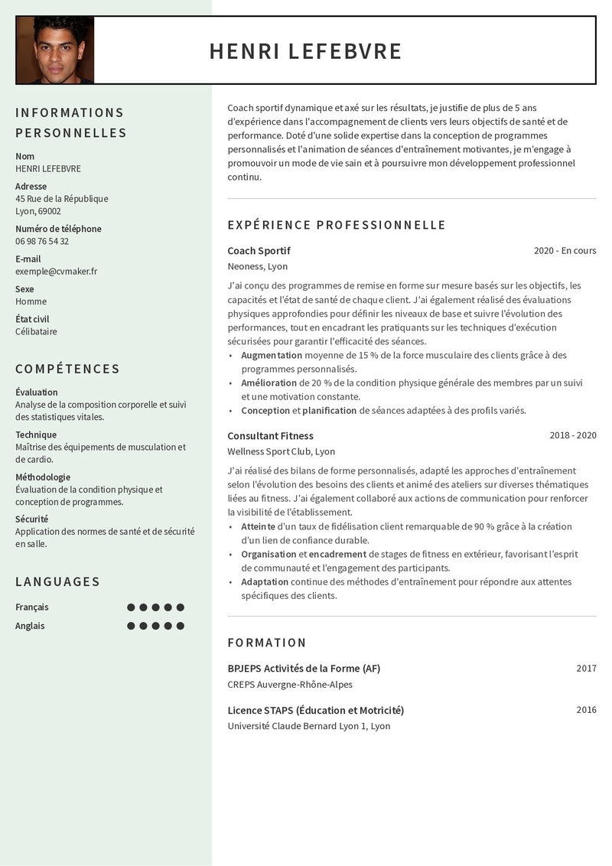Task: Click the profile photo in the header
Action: tap(55, 50)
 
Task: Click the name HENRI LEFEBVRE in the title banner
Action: tap(305, 51)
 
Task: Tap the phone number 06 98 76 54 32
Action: tap(42, 241)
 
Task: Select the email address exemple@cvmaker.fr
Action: tap(56, 271)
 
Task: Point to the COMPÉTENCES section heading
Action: tap(67, 369)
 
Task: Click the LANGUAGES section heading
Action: tap(58, 581)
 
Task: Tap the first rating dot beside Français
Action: tap(131, 607)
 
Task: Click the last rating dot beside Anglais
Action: tap(181, 626)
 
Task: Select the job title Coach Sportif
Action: tap(259, 251)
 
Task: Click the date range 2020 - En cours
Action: tap(565, 251)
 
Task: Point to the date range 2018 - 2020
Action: tap(572, 435)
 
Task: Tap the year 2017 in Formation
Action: tap(586, 668)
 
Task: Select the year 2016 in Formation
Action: tap(586, 710)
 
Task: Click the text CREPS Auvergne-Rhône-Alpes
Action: tap(290, 685)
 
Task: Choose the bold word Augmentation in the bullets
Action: tap(272, 355)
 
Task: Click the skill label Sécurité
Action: tap(31, 519)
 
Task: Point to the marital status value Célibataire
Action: tap(36, 331)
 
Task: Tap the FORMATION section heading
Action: tap(267, 643)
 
